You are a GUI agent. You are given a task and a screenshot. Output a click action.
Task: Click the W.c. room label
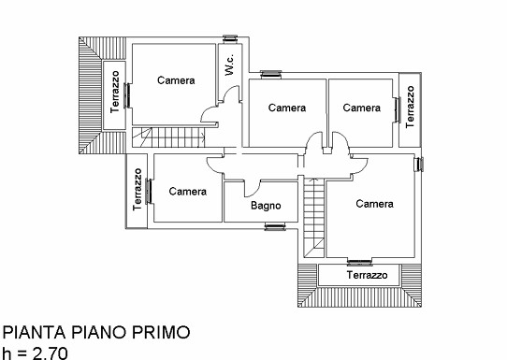point(229,65)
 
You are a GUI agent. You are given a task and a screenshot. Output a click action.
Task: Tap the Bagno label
point(266,206)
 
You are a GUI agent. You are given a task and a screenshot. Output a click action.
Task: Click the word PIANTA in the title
point(34,333)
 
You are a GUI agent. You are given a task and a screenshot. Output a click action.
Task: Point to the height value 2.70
point(51,353)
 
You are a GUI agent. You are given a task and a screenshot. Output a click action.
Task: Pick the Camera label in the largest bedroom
point(374,204)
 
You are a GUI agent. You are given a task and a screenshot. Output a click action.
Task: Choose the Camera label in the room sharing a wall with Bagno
point(187,192)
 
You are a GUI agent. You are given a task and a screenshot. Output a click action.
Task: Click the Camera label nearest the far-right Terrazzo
point(361,108)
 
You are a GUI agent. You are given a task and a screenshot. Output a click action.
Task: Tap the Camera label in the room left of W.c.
point(176,80)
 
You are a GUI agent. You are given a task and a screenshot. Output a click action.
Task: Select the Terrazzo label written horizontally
point(367,275)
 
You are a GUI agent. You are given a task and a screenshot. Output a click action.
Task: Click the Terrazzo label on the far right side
point(410,107)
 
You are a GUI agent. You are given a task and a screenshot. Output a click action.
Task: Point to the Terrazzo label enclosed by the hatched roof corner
point(114,92)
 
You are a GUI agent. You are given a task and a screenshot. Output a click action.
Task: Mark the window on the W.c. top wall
point(230,38)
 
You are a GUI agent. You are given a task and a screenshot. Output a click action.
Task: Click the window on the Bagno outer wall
point(275,226)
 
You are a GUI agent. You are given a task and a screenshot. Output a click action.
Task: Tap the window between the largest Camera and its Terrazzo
point(359,263)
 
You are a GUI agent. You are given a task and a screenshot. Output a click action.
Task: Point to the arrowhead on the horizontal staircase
point(203,137)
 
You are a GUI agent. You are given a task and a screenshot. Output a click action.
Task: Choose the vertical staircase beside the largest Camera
point(313,218)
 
